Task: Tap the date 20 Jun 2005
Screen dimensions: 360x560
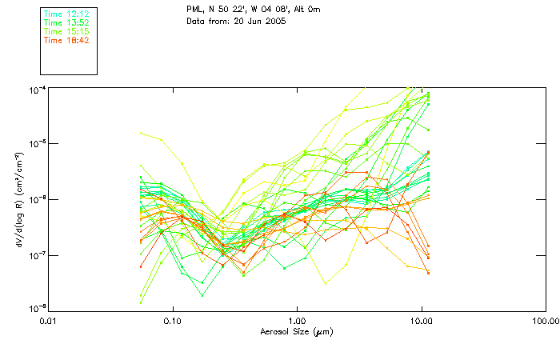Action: click(x=260, y=21)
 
